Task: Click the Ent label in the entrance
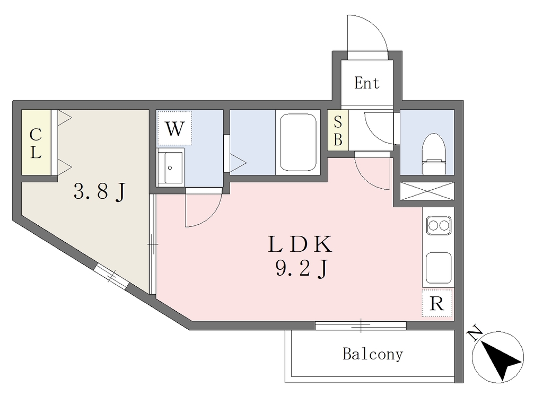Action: tap(367, 83)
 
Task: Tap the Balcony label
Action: tap(373, 354)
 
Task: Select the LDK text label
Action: tap(300, 244)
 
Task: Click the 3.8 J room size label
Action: tap(99, 191)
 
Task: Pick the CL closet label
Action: tap(36, 143)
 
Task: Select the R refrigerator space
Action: tap(437, 303)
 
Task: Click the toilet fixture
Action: tap(434, 154)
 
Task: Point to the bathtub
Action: tap(298, 142)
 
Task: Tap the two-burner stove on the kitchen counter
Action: tap(439, 226)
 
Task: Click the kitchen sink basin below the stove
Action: tap(439, 268)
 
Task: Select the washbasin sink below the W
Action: tap(170, 168)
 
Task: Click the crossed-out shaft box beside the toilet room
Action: tap(427, 191)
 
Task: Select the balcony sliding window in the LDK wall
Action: tap(361, 325)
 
